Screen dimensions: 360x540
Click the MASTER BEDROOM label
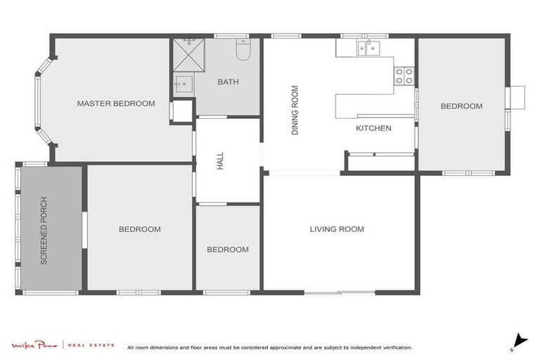[x=115, y=103]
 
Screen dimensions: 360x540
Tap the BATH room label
[x=228, y=82]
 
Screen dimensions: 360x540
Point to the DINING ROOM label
[x=295, y=110]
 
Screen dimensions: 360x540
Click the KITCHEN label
[x=373, y=128]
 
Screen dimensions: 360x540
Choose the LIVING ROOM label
[x=337, y=229]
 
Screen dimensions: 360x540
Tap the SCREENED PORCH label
[x=44, y=230]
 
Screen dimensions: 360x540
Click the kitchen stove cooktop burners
[x=404, y=75]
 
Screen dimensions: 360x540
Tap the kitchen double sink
[x=367, y=48]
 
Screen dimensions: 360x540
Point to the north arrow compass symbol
[x=519, y=341]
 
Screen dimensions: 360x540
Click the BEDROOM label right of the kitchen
[x=461, y=106]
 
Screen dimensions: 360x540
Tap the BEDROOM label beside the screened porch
[x=139, y=229]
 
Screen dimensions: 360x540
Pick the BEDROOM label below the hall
[x=227, y=250]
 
